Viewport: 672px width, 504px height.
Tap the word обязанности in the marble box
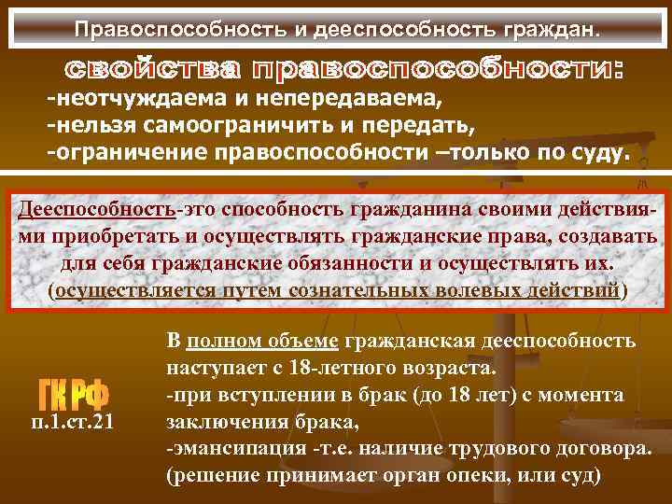click(346, 262)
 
